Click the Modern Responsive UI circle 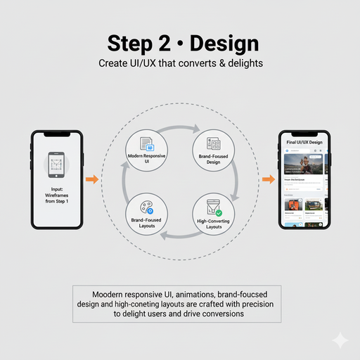(x=146, y=149)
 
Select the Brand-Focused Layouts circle (x=146, y=213)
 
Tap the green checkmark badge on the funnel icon (x=219, y=212)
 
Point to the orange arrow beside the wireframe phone (x=91, y=179)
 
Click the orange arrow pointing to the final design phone (x=268, y=179)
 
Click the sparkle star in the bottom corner (x=340, y=340)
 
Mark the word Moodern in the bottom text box (x=110, y=293)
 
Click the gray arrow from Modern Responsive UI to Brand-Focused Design (x=179, y=129)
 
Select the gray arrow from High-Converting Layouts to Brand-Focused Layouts (x=179, y=236)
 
